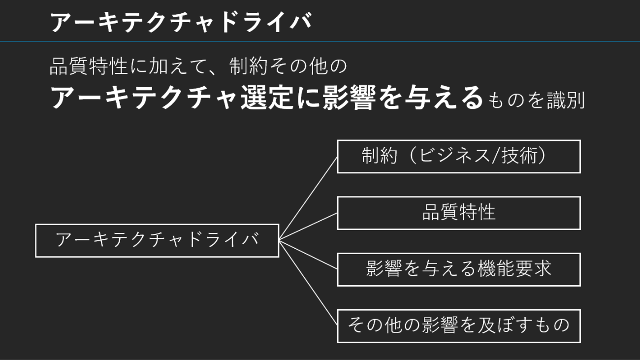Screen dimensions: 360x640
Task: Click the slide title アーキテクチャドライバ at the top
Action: (181, 23)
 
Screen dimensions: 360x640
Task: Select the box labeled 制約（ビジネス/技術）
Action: (458, 157)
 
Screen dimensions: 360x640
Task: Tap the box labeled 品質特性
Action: (458, 213)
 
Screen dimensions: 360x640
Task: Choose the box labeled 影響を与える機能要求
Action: (458, 269)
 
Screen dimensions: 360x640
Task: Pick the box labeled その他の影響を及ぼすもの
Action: (458, 326)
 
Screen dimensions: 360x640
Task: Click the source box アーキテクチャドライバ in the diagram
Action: (157, 240)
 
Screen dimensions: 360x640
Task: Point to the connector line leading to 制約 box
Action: (308, 198)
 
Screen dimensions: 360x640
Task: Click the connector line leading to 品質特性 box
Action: (308, 227)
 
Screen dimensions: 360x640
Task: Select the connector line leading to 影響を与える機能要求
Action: (308, 255)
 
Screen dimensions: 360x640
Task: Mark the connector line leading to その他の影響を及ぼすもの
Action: (308, 283)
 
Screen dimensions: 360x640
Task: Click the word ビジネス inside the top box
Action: (443, 157)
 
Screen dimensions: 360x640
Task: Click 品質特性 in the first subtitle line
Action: (89, 66)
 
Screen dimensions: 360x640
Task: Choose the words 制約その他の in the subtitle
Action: (288, 66)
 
